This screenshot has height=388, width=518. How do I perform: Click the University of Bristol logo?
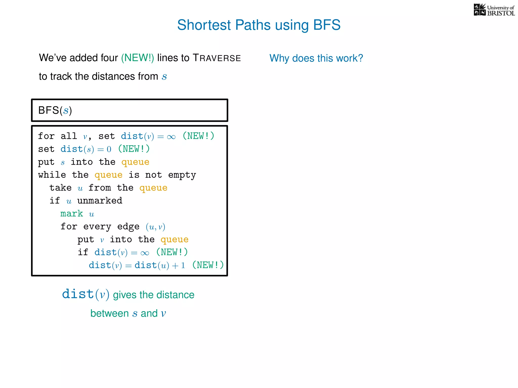494,10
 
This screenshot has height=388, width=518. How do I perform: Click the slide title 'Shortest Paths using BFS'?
259,25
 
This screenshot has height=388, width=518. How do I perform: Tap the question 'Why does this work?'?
316,58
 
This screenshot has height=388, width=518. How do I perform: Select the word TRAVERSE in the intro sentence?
217,58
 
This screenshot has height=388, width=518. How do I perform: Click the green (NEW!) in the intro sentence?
137,58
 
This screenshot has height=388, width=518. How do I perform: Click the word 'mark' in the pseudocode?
72,214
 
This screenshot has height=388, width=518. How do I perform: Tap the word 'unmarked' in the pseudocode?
100,201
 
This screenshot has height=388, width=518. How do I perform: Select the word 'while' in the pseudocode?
52,175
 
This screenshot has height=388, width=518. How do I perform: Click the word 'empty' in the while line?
182,175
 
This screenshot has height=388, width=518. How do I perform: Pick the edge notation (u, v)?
155,227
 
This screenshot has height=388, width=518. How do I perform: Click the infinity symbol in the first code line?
171,137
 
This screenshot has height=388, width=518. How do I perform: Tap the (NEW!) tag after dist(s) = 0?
134,149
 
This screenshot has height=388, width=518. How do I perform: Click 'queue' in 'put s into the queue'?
135,162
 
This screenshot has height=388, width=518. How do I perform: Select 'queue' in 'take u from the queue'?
153,188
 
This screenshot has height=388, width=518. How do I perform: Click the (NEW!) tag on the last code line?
208,265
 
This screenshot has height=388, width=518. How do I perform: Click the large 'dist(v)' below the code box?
85,294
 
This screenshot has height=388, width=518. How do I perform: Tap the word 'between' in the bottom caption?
110,313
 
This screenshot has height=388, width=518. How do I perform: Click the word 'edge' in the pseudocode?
128,227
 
